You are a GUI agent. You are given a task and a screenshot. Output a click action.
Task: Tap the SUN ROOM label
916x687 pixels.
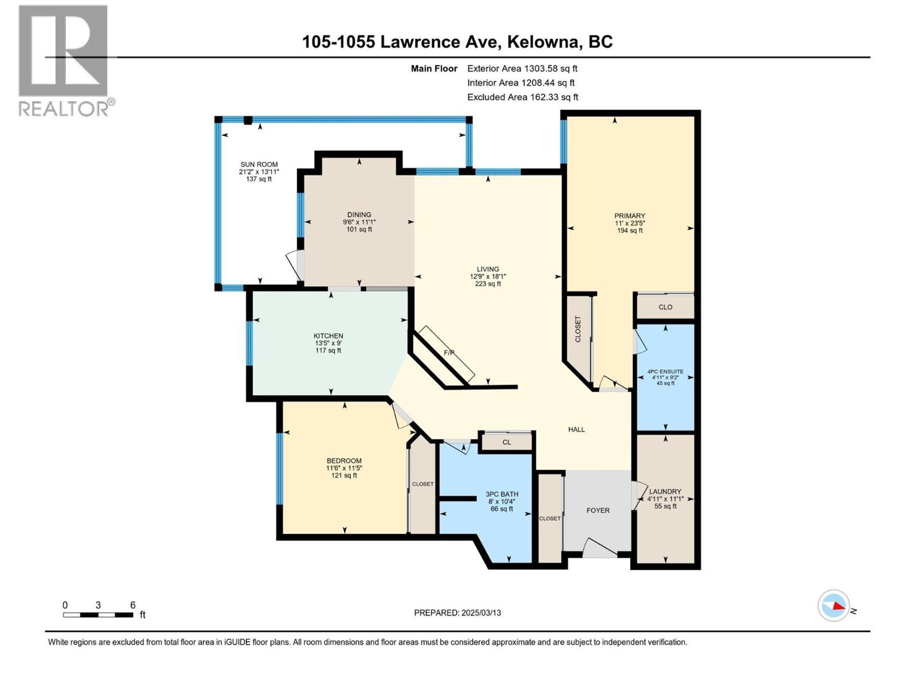(259, 164)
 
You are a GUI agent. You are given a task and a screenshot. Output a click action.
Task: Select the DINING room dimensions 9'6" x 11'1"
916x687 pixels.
(359, 222)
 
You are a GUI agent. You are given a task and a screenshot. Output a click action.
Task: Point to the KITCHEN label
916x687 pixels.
(328, 336)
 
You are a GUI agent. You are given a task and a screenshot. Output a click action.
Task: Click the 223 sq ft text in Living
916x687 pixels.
(488, 283)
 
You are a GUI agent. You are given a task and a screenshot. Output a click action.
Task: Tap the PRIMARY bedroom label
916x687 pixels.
(630, 216)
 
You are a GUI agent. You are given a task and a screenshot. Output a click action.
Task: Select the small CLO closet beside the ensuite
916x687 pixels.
(665, 307)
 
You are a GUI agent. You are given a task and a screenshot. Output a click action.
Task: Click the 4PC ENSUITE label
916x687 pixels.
(665, 372)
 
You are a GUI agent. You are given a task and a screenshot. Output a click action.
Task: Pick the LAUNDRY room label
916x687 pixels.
(665, 491)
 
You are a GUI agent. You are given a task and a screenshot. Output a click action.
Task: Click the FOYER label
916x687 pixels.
(598, 510)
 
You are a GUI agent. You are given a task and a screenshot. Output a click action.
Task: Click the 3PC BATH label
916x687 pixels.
(502, 494)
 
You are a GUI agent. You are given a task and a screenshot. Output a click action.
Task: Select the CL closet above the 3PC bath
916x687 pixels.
(507, 442)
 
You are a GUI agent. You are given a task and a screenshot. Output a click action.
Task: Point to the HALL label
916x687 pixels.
(577, 429)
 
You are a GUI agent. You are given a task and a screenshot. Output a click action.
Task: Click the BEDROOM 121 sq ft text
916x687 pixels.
(344, 475)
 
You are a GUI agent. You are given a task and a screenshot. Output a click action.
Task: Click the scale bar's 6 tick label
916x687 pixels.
(133, 605)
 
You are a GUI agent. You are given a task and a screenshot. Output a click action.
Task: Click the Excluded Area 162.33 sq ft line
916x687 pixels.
(522, 97)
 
